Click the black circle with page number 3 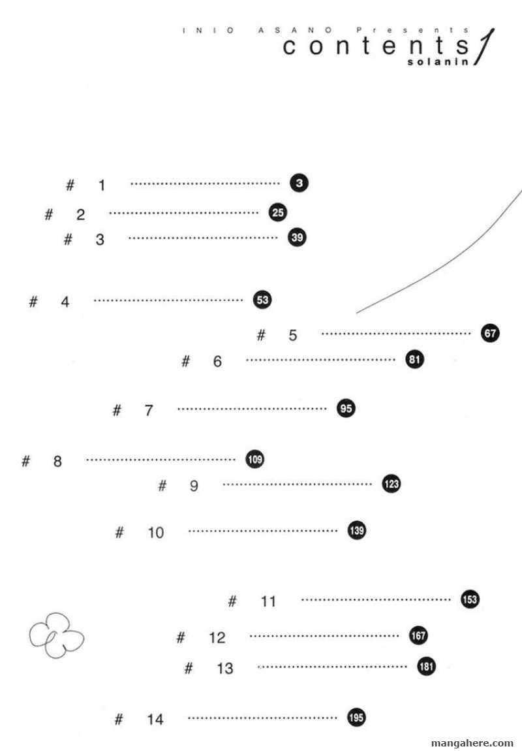(299, 184)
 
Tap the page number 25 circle (278, 212)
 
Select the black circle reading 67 (491, 333)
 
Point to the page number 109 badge (255, 460)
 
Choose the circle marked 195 (356, 718)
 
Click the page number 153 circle (470, 599)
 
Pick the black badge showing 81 (415, 359)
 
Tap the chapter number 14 (155, 720)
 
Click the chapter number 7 (149, 411)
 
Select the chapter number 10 (156, 533)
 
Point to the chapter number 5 (292, 336)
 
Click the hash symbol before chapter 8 (26, 461)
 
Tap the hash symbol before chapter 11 (232, 601)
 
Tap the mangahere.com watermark (472, 743)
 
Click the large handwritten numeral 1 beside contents (486, 46)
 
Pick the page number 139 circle (356, 530)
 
